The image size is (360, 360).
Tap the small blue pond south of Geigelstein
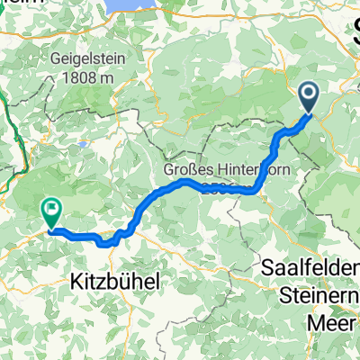(83, 142)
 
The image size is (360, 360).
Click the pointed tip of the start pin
(308, 113)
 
